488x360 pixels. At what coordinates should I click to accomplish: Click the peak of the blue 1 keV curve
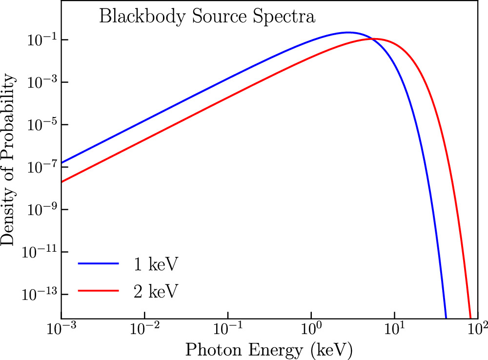pos(348,33)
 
